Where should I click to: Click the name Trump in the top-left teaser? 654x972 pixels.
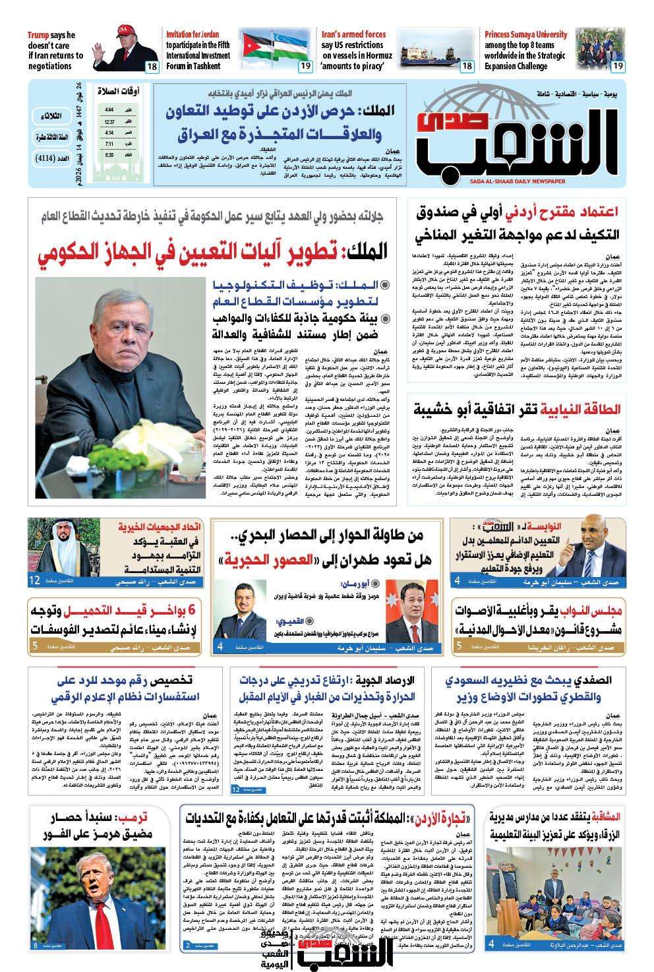coord(44,35)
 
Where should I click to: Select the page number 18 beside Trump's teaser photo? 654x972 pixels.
coord(151,66)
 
